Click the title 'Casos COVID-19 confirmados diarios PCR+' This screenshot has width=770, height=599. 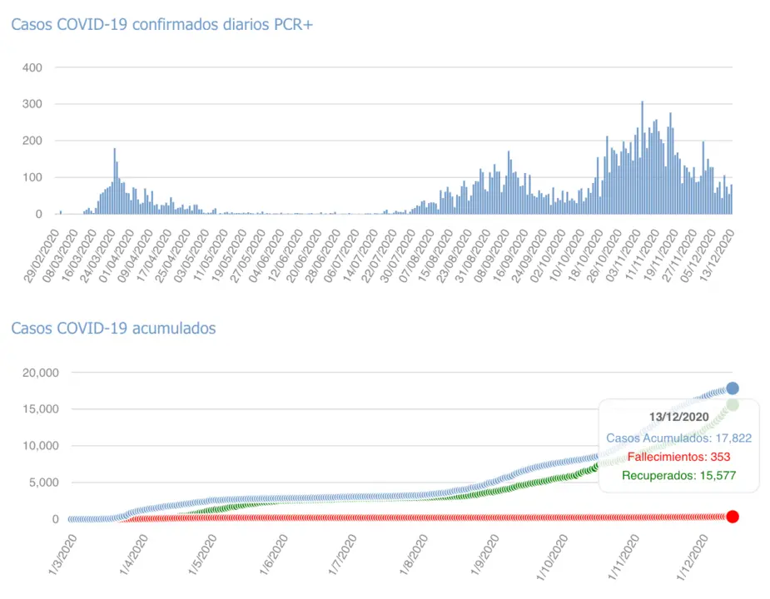coord(161,25)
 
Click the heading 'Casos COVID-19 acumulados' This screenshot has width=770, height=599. coord(113,329)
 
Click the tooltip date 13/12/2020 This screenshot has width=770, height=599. coord(678,417)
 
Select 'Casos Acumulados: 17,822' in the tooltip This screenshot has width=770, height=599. coord(678,438)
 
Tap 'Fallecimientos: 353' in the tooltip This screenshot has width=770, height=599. coord(678,457)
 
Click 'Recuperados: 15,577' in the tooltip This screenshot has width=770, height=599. coord(678,476)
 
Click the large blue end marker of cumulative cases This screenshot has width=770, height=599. coord(733,389)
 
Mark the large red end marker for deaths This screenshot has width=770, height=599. coord(733,517)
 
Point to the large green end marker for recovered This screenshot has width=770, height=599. coord(733,405)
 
